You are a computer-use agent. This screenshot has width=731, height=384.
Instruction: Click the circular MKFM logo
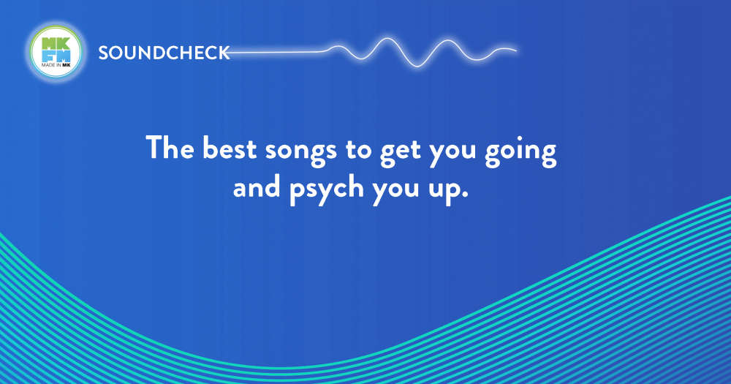[56, 51]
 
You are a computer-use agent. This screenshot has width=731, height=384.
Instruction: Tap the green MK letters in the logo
[56, 43]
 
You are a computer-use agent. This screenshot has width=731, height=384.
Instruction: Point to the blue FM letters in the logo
[56, 56]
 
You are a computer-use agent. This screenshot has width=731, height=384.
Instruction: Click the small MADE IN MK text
[56, 65]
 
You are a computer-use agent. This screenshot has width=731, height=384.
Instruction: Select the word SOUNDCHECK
[164, 53]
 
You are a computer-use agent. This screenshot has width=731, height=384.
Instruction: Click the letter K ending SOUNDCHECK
[224, 53]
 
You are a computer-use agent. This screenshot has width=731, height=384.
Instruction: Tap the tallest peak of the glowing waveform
[387, 39]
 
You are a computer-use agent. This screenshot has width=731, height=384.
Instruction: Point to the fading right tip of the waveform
[515, 50]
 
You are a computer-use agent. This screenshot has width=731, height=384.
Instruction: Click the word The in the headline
[170, 148]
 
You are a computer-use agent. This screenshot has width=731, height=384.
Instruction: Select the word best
[230, 148]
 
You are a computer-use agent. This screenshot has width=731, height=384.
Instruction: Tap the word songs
[300, 152]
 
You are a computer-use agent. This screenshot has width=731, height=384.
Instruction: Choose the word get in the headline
[400, 152]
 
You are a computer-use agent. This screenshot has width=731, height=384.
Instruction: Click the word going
[520, 151]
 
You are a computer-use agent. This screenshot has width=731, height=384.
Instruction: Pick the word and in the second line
[257, 187]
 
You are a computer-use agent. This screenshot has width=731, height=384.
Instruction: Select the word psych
[326, 189]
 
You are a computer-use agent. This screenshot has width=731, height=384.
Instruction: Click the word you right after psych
[395, 192]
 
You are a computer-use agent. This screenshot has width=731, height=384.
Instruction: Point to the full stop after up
[464, 195]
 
